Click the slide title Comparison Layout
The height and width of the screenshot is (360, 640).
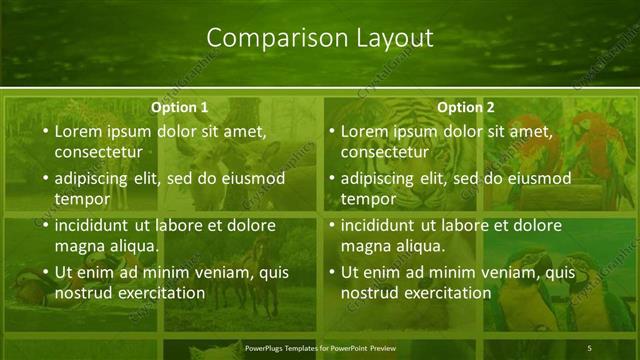[x=320, y=38]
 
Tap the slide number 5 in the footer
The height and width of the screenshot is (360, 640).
[x=590, y=348]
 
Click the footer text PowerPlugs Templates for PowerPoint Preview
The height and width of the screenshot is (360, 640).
[x=320, y=348]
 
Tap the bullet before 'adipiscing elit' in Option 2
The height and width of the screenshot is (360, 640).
[x=329, y=178]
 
